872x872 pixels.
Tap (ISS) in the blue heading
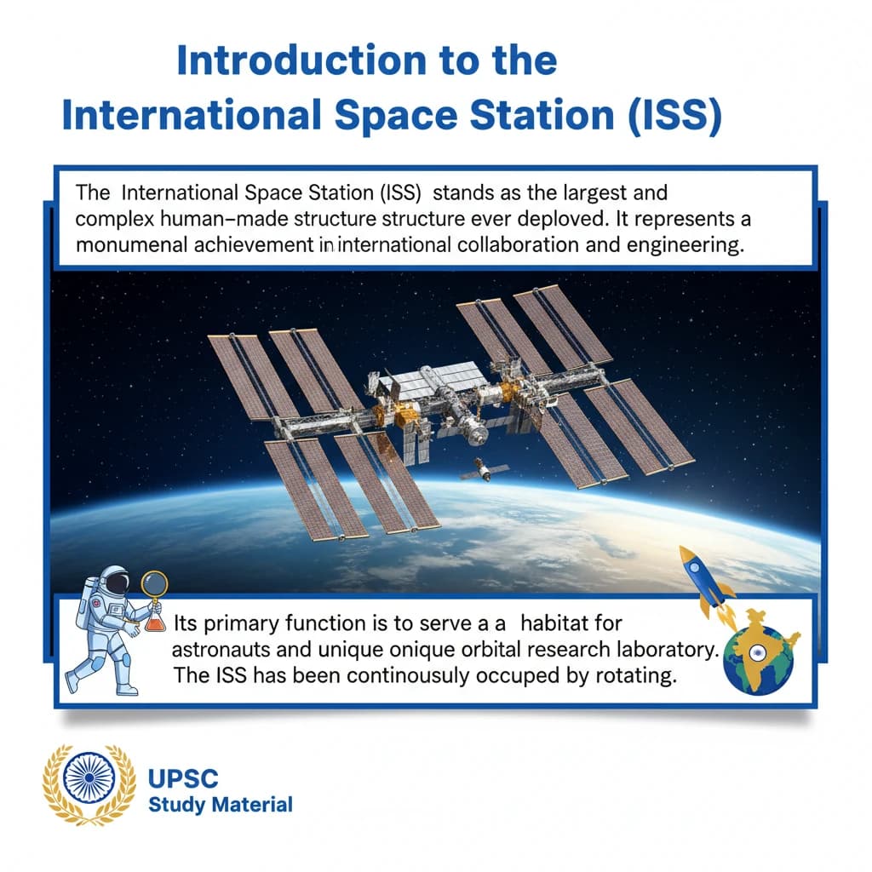click(x=668, y=115)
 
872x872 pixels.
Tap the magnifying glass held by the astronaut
click(x=154, y=587)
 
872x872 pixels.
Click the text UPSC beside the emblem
click(x=183, y=779)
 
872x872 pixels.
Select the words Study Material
click(x=220, y=804)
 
